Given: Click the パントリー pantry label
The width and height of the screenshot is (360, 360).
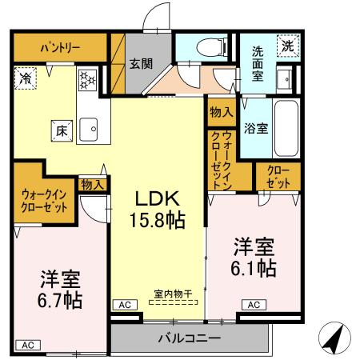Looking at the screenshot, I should pyautogui.click(x=60, y=47).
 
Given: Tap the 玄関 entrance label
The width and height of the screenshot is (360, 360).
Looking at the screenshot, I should pyautogui.click(x=142, y=64).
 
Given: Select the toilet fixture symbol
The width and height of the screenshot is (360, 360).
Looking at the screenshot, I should pyautogui.click(x=208, y=46).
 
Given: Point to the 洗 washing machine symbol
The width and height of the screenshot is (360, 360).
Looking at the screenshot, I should pyautogui.click(x=286, y=46).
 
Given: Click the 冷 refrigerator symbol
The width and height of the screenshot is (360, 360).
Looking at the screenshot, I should pyautogui.click(x=26, y=79).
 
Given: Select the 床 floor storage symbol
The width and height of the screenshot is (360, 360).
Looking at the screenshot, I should pyautogui.click(x=60, y=128).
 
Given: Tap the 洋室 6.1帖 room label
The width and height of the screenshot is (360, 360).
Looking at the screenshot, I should pyautogui.click(x=254, y=256).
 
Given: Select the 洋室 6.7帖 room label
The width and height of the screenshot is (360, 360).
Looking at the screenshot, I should pyautogui.click(x=61, y=290).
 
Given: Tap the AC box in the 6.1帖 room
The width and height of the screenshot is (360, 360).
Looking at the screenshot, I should pyautogui.click(x=254, y=305).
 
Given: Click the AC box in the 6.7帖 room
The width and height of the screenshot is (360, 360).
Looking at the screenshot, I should pyautogui.click(x=27, y=345).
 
